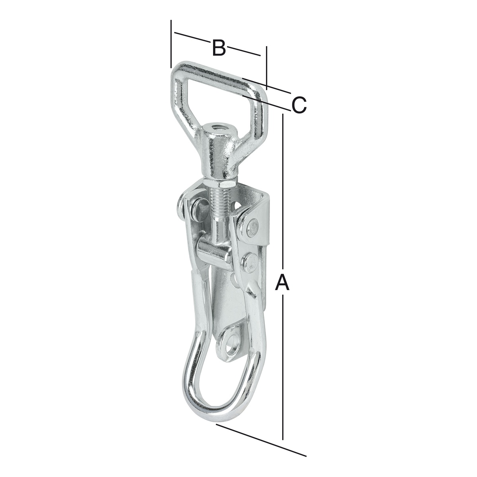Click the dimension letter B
point(219,48)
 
